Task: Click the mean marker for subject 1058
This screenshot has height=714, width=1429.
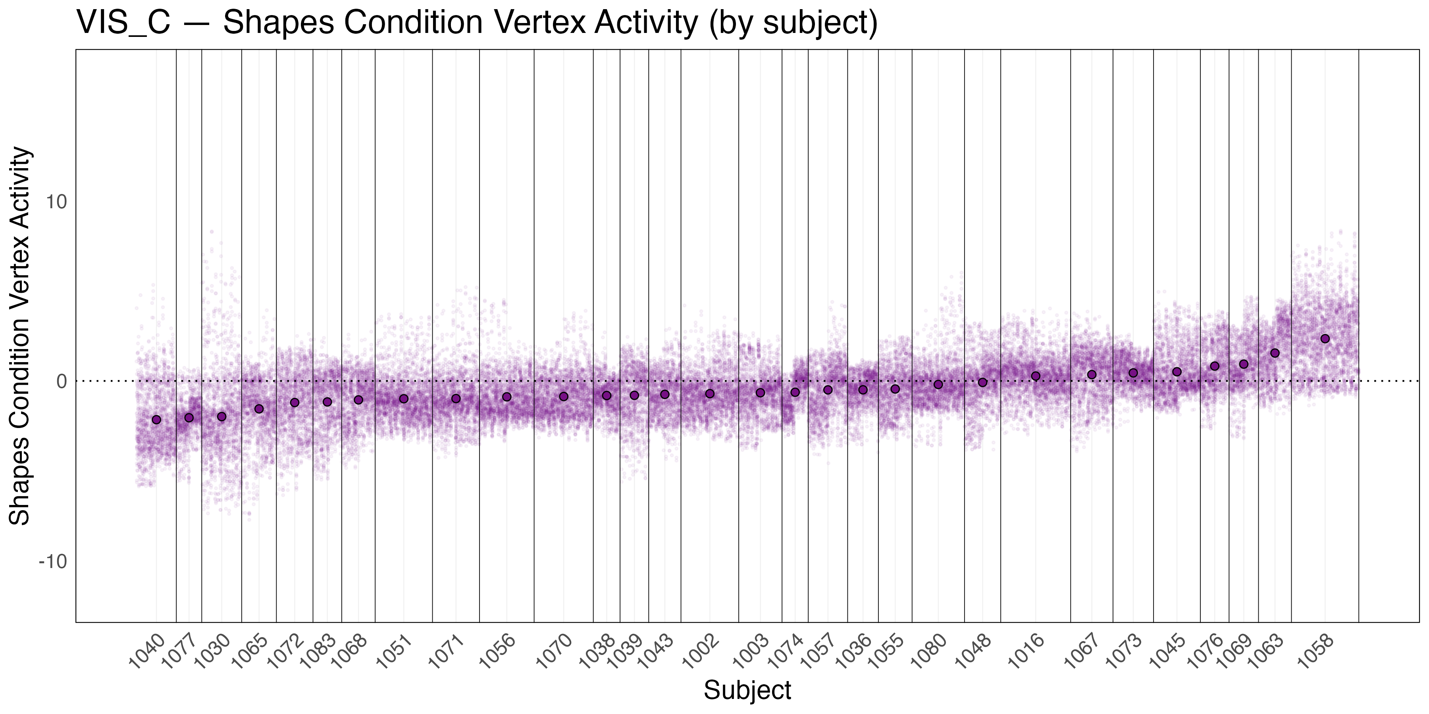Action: click(1325, 339)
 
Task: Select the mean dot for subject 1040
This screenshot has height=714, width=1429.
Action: click(156, 420)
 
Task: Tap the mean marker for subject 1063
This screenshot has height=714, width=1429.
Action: click(1275, 353)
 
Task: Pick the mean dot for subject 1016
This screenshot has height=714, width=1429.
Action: click(1035, 376)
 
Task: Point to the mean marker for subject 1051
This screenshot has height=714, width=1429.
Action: click(404, 399)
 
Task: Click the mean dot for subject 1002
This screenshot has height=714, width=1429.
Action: click(709, 393)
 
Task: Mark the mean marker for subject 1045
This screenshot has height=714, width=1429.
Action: click(1177, 372)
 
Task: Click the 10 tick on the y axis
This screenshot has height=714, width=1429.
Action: click(56, 202)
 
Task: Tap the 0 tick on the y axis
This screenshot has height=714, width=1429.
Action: click(61, 381)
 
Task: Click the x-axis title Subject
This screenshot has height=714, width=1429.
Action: click(747, 690)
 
